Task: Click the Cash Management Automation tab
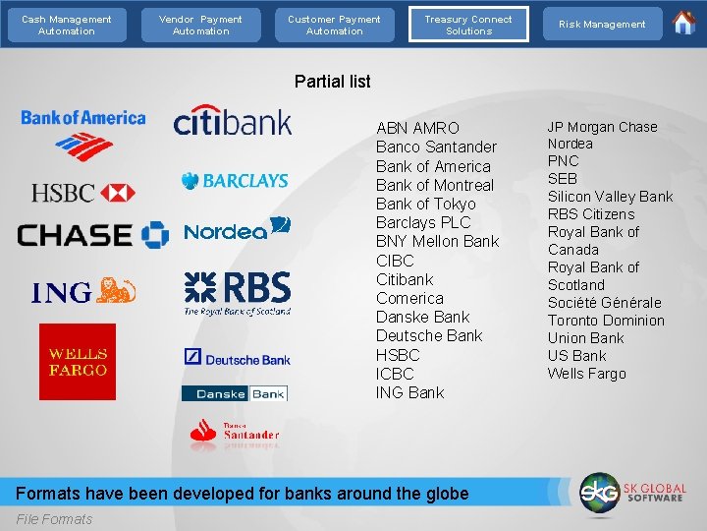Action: tap(67, 25)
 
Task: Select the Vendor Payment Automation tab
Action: tap(200, 25)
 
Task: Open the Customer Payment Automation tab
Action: tap(334, 25)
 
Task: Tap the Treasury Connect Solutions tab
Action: tap(468, 25)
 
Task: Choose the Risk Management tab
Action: tap(602, 25)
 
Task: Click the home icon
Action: tap(684, 23)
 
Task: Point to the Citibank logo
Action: tap(233, 120)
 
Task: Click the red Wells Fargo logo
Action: tap(78, 362)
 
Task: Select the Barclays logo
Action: tap(235, 181)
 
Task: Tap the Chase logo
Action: tap(93, 235)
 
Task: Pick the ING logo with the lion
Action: tap(83, 292)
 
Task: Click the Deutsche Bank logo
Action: tap(237, 358)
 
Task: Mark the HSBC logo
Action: tap(83, 193)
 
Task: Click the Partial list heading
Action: tap(333, 82)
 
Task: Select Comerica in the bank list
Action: tap(409, 298)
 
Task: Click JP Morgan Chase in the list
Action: tap(602, 127)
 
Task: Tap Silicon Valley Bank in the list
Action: tap(610, 197)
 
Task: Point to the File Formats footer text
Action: tap(55, 519)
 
